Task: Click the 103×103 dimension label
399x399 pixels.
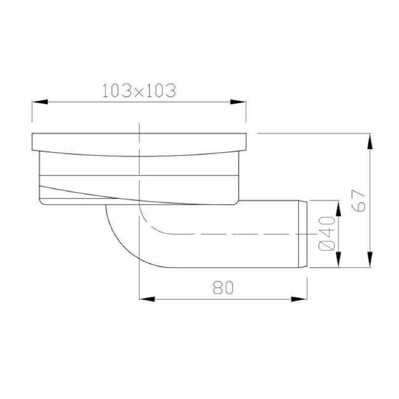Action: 138,91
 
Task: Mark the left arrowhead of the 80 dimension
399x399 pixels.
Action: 145,299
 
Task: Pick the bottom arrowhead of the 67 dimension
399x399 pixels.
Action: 370,261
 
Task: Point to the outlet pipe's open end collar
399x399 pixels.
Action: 303,233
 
